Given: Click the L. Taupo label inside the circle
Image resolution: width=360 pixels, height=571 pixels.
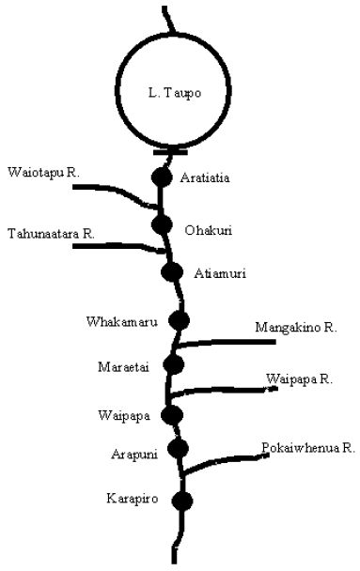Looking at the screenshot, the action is point(175,93).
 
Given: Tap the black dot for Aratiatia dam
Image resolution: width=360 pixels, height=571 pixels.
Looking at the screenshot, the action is point(162,177).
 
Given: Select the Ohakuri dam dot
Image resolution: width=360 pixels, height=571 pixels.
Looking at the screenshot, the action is point(162,224).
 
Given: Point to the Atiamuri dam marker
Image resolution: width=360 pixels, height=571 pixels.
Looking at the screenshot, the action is point(172,271).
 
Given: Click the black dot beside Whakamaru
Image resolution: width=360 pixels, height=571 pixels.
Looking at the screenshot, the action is point(179,320).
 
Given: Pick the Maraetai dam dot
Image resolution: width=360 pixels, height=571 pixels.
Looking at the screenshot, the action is point(174,364).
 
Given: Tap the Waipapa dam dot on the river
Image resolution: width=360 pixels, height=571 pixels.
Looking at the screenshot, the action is point(172,415).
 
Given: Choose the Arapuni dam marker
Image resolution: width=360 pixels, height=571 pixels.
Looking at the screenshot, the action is point(179,448).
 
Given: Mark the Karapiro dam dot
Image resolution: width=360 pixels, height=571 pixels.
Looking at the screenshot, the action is point(182,501).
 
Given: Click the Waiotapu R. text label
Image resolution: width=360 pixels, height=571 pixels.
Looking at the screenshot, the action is point(43,172).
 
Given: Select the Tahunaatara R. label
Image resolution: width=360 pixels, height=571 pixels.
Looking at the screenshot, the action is point(51,234).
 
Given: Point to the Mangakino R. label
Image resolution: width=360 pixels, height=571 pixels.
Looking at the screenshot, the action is point(296,328).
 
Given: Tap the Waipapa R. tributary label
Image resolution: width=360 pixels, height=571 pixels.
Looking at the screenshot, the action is point(299,379).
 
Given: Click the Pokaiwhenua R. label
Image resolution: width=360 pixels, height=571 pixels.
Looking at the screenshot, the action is point(308,448).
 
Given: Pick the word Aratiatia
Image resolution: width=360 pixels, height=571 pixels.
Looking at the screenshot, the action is point(205,177).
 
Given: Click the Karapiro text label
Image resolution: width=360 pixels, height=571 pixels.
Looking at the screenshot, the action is point(133,498).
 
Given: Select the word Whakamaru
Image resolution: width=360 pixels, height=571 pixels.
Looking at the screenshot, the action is point(122,321).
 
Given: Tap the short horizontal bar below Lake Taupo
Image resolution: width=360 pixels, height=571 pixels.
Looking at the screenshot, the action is point(170,152).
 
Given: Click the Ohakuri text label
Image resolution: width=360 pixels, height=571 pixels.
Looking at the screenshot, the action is point(208,230).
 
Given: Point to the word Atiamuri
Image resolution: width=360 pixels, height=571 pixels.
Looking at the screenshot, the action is point(220,273).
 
